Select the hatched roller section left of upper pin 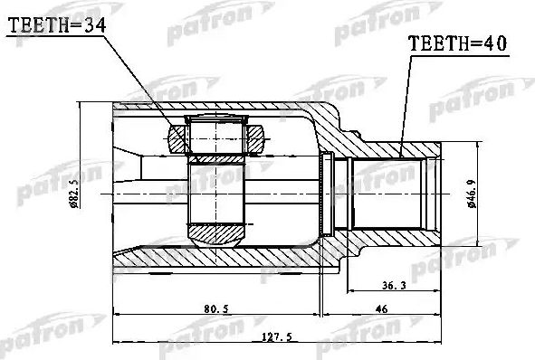click(176, 139)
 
